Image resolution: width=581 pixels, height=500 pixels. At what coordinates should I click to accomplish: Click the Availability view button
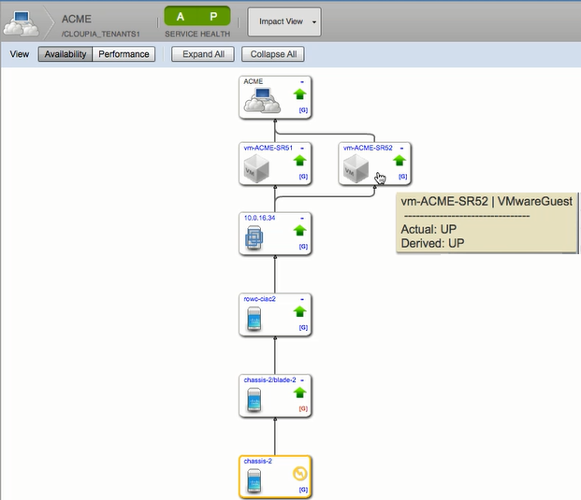coord(65,54)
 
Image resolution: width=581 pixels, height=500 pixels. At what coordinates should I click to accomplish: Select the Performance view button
coord(123,54)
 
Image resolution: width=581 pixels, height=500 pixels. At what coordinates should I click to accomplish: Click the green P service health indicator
coord(213,17)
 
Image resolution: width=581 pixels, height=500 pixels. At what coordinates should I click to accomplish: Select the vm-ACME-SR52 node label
coord(364,148)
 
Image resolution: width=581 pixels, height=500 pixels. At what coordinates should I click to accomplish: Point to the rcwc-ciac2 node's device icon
coord(254,318)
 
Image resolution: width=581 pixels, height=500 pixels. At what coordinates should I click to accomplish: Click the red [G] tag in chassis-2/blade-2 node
coord(302,408)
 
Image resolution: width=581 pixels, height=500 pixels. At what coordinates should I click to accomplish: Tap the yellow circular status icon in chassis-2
coord(301,473)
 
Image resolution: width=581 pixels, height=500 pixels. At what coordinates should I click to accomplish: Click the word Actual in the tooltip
coord(417,228)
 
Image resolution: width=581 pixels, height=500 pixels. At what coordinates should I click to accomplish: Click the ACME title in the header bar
coord(76,19)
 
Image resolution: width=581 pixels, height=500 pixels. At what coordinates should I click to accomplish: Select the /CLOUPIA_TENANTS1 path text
coord(100,34)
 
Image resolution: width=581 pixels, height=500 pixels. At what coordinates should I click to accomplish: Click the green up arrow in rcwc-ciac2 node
coord(300,311)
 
